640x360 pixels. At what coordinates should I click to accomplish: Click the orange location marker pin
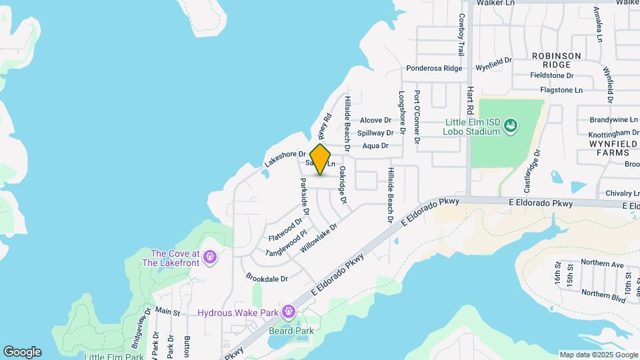[x=321, y=159]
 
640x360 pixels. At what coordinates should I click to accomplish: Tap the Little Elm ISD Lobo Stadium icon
[x=510, y=125]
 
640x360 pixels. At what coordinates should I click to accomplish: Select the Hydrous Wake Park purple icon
[x=288, y=311]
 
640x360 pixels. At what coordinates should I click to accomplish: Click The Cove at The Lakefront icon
[x=210, y=257]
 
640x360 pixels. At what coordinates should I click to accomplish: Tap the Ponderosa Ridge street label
[x=434, y=69]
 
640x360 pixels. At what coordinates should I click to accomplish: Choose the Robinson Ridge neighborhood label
[x=556, y=60]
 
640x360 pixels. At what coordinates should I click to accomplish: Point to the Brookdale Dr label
[x=266, y=278]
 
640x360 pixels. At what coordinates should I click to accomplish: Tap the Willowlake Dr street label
[x=319, y=237]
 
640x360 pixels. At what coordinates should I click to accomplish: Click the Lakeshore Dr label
[x=284, y=159]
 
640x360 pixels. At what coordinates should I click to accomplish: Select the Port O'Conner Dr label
[x=417, y=117]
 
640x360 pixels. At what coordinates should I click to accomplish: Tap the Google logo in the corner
[x=22, y=352]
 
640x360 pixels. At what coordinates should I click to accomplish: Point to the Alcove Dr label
[x=375, y=120]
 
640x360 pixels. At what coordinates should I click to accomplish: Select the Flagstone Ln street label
[x=561, y=89]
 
